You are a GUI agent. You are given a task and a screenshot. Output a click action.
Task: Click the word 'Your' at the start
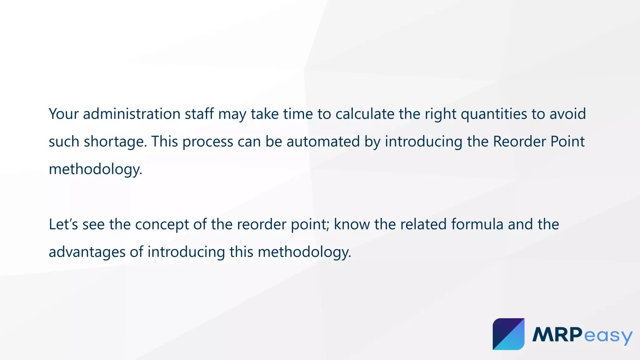(x=64, y=114)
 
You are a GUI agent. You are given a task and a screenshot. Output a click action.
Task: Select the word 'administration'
(x=132, y=114)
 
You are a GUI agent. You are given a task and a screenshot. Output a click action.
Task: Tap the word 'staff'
(x=199, y=114)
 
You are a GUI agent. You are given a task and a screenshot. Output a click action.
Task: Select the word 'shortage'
(x=114, y=142)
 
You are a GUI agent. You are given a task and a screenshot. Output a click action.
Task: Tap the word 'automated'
(x=323, y=142)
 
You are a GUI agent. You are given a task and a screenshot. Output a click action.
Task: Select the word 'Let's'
(x=63, y=224)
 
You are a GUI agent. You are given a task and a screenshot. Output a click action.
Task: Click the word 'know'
(x=352, y=224)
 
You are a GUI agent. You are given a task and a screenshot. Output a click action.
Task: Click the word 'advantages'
(x=87, y=252)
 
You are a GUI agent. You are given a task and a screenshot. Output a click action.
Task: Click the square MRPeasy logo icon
(x=508, y=334)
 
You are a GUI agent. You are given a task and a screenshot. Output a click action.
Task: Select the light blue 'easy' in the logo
(x=608, y=336)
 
